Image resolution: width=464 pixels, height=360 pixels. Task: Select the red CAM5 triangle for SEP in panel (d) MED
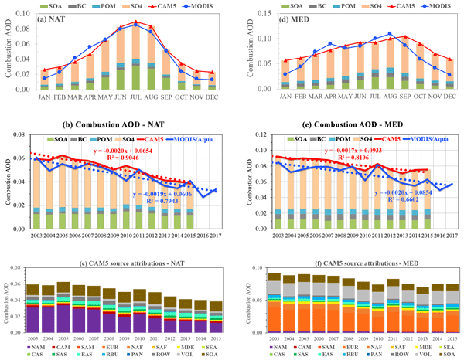[404, 36]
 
